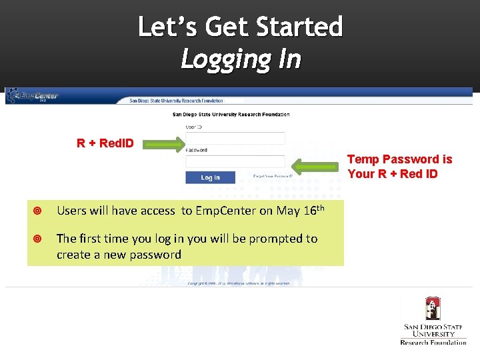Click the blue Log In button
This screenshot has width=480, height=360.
pyautogui.click(x=210, y=177)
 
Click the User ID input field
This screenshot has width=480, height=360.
pyautogui.click(x=235, y=138)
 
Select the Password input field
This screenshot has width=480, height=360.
pyautogui.click(x=235, y=161)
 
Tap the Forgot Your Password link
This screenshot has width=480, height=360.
pyautogui.click(x=273, y=177)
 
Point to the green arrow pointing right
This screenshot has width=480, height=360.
pyautogui.click(x=164, y=143)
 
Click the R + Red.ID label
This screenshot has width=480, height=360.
pyautogui.click(x=105, y=143)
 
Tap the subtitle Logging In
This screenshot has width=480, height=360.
pyautogui.click(x=241, y=59)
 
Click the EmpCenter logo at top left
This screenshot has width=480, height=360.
pyautogui.click(x=33, y=96)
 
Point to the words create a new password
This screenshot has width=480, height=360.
pyautogui.click(x=119, y=255)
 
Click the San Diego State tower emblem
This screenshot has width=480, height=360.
pyautogui.click(x=433, y=309)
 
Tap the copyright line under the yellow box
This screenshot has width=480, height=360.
pyautogui.click(x=238, y=283)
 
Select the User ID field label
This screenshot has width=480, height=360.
pyautogui.click(x=193, y=126)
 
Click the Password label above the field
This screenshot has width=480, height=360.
pyautogui.click(x=197, y=150)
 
